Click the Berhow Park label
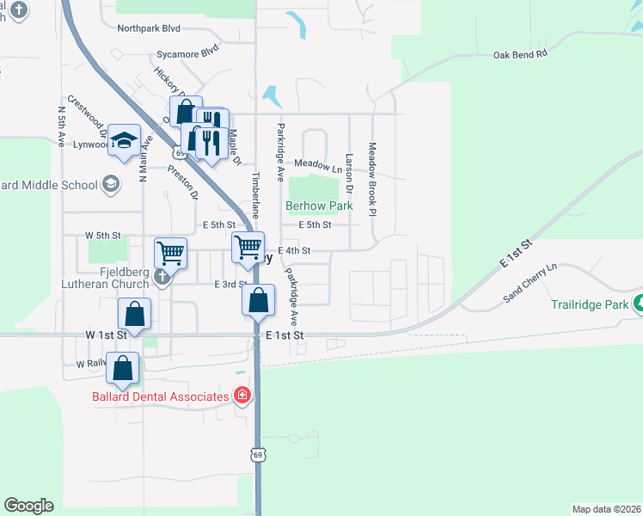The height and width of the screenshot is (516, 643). (x=319, y=206)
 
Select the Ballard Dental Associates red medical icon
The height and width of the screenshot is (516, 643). (x=243, y=396)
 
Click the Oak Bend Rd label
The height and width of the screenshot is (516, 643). (x=520, y=54)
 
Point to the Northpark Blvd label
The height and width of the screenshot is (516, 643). (x=150, y=28)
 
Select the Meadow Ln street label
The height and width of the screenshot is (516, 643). (x=312, y=163)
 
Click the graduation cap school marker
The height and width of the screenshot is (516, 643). (x=125, y=141)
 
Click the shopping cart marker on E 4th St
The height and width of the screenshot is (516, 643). (x=248, y=247)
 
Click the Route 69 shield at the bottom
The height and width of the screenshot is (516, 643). (x=257, y=453)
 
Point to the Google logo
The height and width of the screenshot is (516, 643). (x=29, y=506)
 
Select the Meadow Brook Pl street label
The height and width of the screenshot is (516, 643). (x=373, y=179)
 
